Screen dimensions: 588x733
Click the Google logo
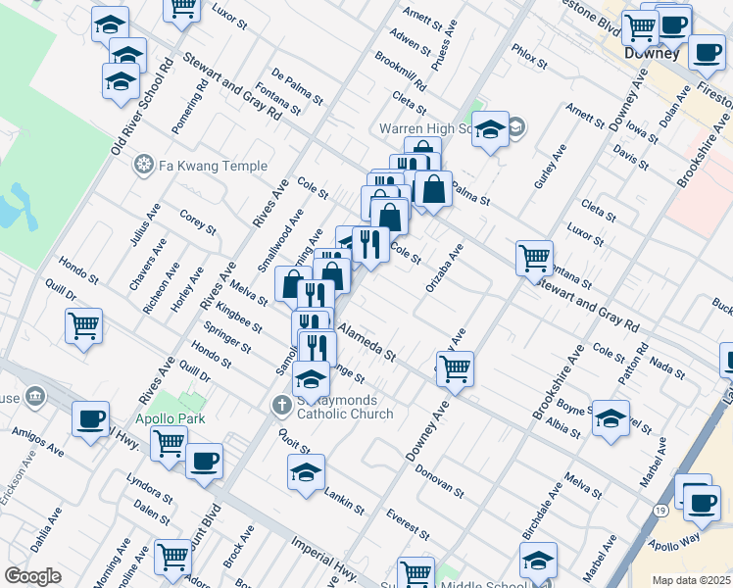[x=32, y=576]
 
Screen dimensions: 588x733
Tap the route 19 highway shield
[x=662, y=513]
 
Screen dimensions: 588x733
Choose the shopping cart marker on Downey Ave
[x=455, y=369]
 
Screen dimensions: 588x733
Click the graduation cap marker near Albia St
[x=610, y=417]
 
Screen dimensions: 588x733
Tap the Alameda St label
[x=368, y=341]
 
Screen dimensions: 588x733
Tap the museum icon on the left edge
[x=35, y=397]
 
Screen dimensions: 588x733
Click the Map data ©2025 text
[x=692, y=580]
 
